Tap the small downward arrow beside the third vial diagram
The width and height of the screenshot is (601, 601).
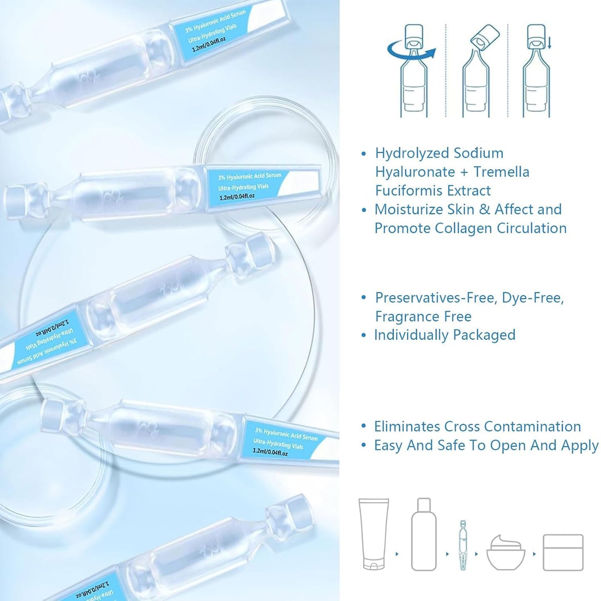tap(549, 42)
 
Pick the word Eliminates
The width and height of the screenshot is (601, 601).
tap(407, 426)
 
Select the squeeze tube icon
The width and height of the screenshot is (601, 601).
tap(373, 534)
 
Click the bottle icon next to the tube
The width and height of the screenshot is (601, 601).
tap(423, 534)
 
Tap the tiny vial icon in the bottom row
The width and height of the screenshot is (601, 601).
tap(463, 544)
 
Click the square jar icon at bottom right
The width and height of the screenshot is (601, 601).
tap(563, 552)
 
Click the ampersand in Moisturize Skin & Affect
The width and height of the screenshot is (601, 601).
tap(484, 209)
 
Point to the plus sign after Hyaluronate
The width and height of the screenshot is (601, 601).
tap(464, 172)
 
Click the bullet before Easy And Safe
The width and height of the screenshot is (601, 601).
tap(364, 445)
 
